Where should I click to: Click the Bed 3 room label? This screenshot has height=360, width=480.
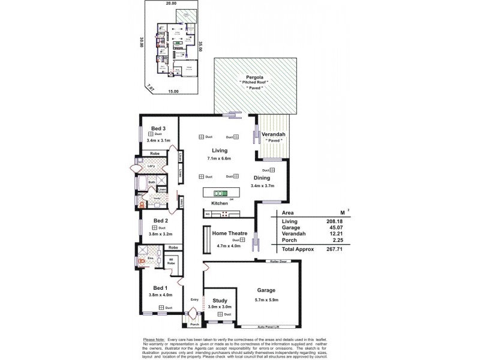click(158, 128)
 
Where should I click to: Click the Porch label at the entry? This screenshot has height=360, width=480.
click(194, 325)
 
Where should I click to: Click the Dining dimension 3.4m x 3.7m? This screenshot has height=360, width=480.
click(262, 186)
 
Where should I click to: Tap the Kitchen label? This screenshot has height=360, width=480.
click(218, 204)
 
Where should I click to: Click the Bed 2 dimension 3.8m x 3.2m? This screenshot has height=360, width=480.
click(158, 235)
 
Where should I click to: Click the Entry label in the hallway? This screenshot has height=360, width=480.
click(194, 299)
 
